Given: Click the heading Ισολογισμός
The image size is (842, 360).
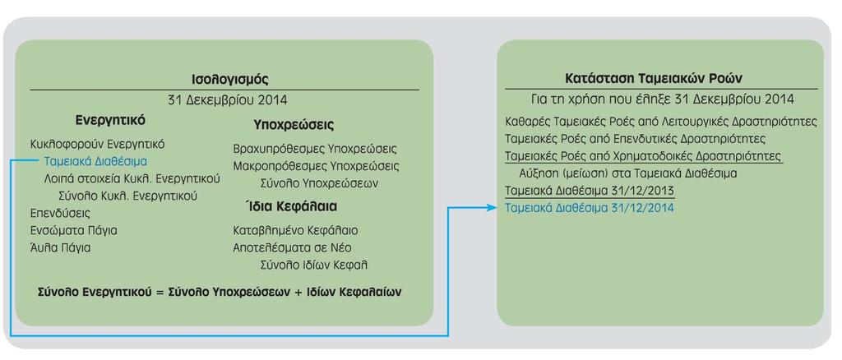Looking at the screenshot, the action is tap(230, 80).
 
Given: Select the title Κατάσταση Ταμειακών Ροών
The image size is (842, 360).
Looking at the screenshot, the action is tap(654, 78).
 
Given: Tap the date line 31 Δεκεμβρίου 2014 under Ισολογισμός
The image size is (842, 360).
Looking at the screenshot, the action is tap(227, 100).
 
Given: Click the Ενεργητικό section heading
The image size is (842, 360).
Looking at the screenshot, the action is tap(110, 119).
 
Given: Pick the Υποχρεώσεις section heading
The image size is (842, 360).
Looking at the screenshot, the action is tap(294, 126).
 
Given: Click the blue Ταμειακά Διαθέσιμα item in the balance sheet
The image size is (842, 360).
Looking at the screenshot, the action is tap(95, 161).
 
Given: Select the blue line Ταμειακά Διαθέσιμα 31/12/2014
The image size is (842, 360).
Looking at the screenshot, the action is tap(589, 208).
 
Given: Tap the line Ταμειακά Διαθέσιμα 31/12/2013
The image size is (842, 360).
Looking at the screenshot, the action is tap(589, 191).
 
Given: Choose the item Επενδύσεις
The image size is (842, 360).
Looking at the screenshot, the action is tap(60, 214).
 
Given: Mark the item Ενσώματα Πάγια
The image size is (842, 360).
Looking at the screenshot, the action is tap(73, 231).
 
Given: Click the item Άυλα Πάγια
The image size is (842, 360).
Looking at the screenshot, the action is tap(60, 248).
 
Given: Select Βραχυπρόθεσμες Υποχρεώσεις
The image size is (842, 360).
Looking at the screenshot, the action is tap(315, 149).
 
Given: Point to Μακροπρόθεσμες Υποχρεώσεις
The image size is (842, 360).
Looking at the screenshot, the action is tap(316, 166).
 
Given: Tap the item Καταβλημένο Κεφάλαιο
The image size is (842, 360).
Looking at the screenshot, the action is tap(295, 231).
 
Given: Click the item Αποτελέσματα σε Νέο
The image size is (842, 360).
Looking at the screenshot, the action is tap(292, 248).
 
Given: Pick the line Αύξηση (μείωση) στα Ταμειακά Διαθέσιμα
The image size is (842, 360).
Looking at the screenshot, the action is tap(628, 173).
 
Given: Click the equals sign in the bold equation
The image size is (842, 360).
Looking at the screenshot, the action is tap(160, 293).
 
